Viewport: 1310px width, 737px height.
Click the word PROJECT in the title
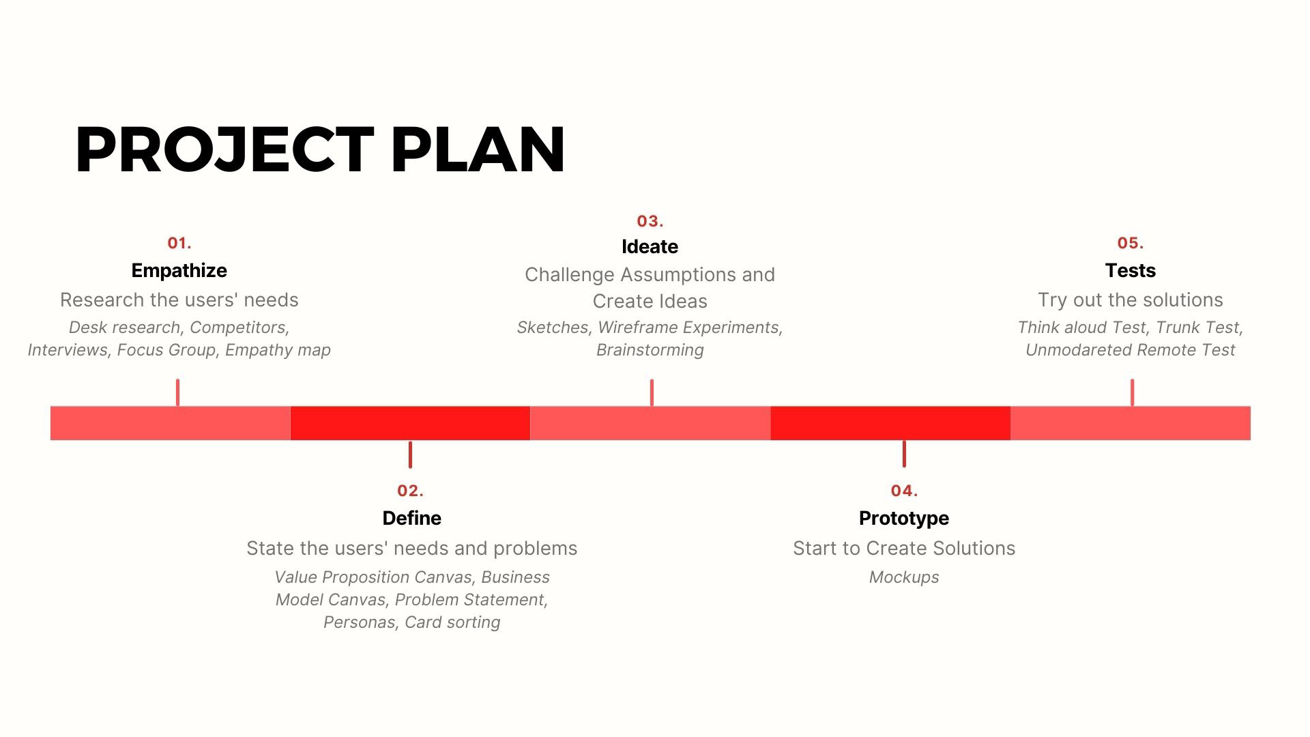tap(224, 150)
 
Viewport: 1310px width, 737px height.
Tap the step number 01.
tap(179, 244)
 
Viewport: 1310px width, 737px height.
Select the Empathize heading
tap(179, 271)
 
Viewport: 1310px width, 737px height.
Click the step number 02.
tap(410, 491)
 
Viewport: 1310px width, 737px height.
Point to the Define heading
tap(411, 519)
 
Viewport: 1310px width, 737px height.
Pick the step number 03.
tap(650, 222)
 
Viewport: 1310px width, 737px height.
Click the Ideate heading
tap(650, 247)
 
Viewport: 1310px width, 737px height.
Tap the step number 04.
tap(904, 491)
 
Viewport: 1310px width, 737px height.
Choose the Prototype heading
tap(903, 519)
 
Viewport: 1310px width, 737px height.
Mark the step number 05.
tap(1131, 244)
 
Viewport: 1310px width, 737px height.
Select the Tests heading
tap(1130, 271)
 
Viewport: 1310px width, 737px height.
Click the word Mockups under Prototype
tap(903, 577)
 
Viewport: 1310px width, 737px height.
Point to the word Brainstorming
tap(650, 350)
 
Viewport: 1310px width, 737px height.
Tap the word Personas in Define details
tap(359, 622)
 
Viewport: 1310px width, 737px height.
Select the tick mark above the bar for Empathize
tap(177, 392)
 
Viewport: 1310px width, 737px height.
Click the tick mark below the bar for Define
tap(410, 454)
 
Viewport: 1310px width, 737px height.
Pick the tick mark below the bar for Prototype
tap(904, 454)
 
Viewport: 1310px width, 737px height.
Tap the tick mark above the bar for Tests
tap(1132, 392)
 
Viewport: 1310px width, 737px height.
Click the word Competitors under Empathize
tap(239, 328)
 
